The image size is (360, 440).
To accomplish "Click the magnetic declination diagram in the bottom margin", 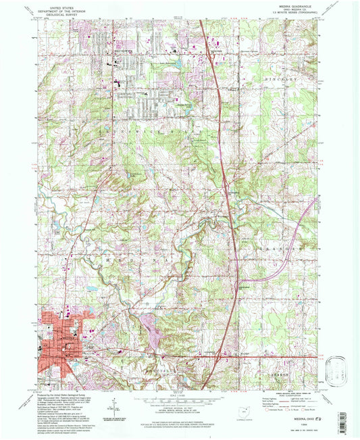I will click(108, 413).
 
